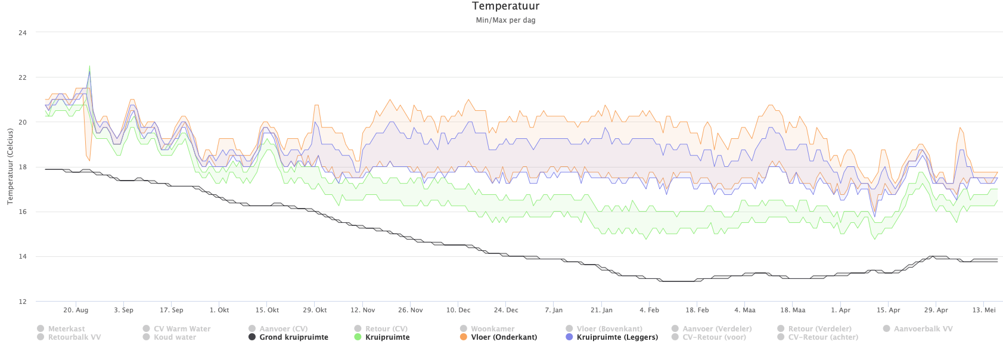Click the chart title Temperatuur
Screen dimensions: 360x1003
[505, 7]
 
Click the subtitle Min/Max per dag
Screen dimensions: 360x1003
[505, 20]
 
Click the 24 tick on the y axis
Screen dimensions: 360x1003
[23, 33]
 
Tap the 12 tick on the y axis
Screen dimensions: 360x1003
[23, 302]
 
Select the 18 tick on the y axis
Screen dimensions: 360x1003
[23, 167]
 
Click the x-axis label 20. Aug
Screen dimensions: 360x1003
[76, 311]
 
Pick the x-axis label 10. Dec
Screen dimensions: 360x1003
[458, 311]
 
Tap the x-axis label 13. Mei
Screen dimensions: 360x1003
[985, 311]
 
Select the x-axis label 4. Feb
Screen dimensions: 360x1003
[649, 311]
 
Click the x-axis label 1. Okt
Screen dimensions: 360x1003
[219, 311]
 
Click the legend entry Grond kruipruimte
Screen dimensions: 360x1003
[293, 337]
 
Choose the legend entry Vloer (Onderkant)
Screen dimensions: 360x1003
[504, 337]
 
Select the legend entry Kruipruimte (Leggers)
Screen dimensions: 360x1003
[617, 337]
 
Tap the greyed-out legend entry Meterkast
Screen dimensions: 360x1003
[66, 329]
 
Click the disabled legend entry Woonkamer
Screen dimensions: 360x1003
[492, 329]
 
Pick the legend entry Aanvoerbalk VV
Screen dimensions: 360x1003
[923, 329]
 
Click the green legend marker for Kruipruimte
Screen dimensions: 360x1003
[358, 337]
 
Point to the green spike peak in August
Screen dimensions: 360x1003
[89, 66]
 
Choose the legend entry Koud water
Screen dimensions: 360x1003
[175, 337]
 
